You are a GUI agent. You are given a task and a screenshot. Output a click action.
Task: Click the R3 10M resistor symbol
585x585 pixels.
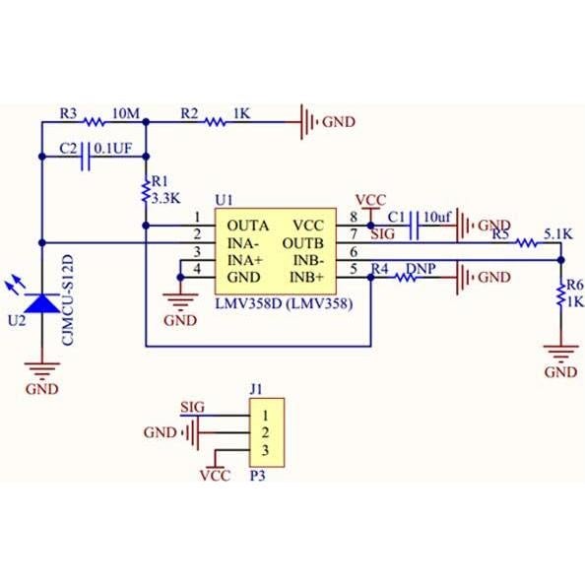pos(93,123)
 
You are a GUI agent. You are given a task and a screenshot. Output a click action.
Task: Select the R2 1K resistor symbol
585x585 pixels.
pos(216,123)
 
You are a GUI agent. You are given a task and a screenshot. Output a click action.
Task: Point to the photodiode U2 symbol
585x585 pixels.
pos(41,300)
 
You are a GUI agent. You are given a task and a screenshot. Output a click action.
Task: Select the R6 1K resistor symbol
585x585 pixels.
pos(561,294)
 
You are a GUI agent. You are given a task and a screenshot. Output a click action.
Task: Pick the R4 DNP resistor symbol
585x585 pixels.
pos(406,278)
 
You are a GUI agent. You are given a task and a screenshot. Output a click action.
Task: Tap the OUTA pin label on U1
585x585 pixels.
pos(246,226)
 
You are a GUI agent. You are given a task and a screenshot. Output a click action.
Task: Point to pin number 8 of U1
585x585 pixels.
pos(354,218)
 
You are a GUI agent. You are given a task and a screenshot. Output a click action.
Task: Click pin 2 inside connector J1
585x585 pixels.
pos(264,432)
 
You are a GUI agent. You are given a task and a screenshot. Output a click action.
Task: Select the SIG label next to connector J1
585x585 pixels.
pos(193,407)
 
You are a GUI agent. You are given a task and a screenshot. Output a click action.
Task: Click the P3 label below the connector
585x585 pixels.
pos(257,474)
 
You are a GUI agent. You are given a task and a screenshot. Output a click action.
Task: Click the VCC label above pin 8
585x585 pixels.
pos(369,199)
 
